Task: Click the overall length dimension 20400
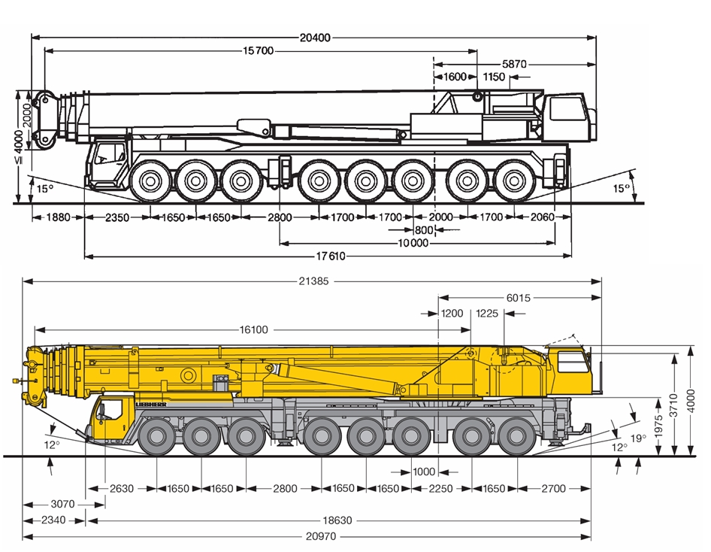315,38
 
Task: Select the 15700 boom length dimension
259,51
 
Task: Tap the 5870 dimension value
514,65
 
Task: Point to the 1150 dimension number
494,77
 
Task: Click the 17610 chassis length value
331,256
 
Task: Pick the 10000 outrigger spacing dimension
413,244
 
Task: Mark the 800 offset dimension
423,230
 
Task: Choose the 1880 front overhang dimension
58,217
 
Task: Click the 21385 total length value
313,282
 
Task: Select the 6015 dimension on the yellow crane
519,298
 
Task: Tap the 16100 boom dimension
253,329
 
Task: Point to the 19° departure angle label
638,438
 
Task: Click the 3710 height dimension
674,405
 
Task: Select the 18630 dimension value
337,520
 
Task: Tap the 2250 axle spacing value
440,489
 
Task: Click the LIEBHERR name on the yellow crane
151,404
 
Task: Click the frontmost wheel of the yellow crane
156,436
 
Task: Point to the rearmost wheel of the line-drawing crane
514,181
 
